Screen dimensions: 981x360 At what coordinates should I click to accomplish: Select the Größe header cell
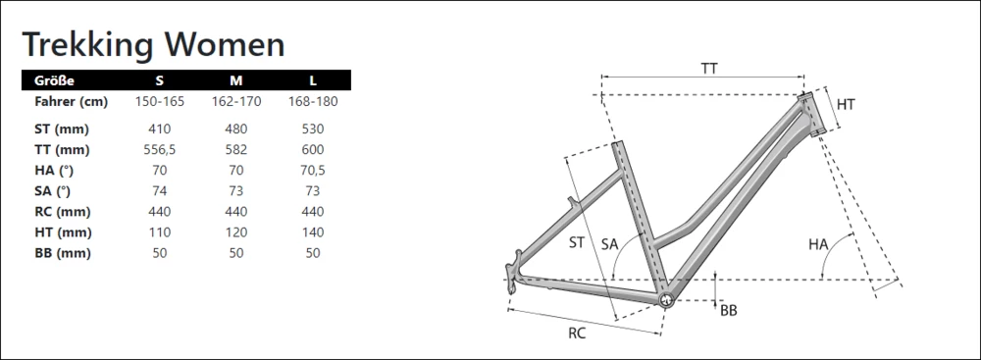tap(54, 80)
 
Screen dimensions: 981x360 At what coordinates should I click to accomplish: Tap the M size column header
tap(235, 80)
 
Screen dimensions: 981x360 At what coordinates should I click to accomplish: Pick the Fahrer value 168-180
tap(313, 101)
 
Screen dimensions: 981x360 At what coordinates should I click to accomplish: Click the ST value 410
tap(160, 129)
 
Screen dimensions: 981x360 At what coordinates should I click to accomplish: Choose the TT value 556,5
tap(160, 150)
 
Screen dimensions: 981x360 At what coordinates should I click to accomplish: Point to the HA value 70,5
tap(313, 171)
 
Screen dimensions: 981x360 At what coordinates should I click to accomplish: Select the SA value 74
tap(160, 191)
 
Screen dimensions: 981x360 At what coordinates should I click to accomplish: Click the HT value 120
tap(235, 232)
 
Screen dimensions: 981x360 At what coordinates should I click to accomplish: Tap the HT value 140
tap(313, 232)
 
